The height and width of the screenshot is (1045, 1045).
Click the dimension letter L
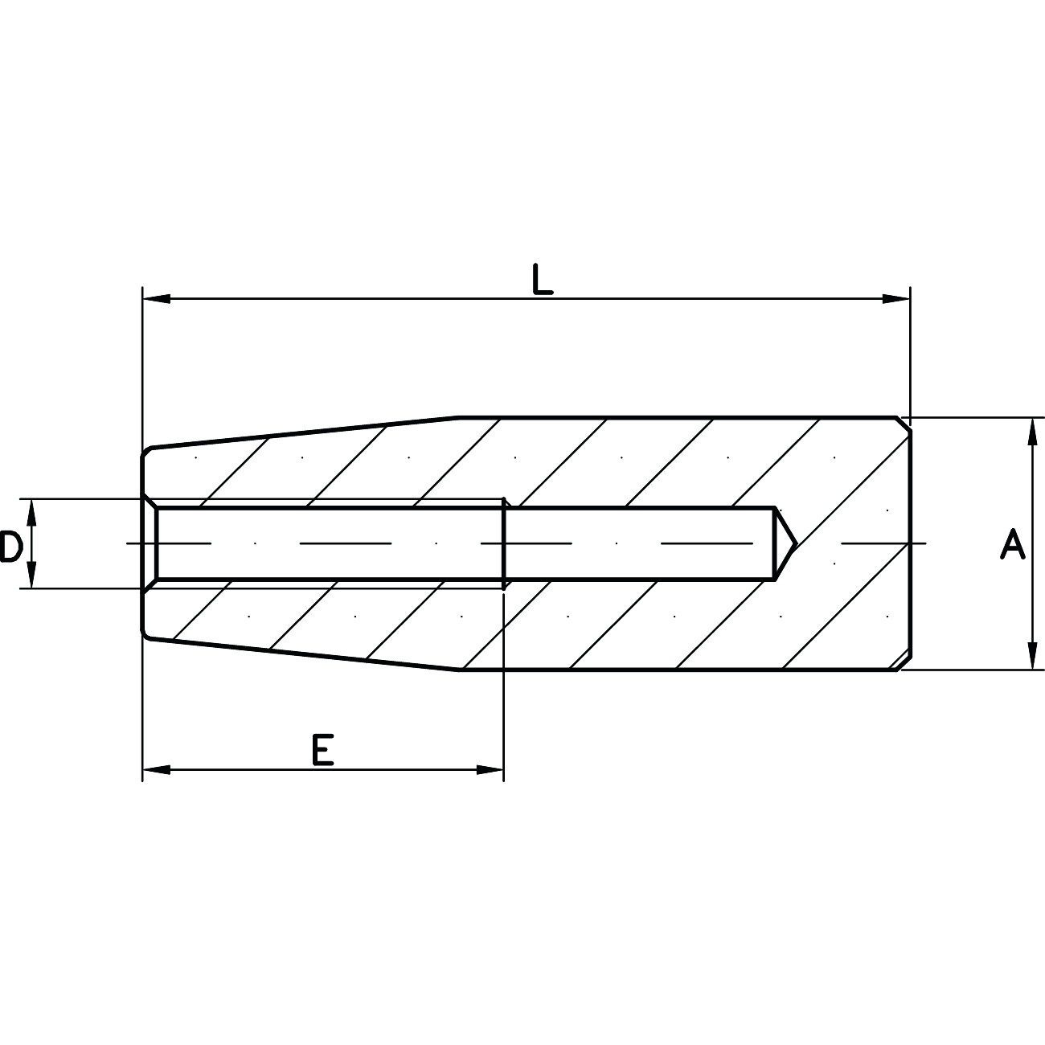coord(543,279)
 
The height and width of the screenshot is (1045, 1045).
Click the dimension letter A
coord(1013,544)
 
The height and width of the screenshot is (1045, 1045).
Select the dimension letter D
coord(10,547)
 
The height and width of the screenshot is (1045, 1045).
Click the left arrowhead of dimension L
coord(156,299)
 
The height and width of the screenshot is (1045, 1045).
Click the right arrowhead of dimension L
coord(896,299)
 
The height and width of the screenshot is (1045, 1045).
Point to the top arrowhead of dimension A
coord(1032,432)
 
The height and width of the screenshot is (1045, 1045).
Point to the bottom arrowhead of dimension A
coord(1032,656)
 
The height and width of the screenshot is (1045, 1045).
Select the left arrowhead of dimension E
coord(156,769)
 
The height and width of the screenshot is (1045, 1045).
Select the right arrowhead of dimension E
coord(490,769)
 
